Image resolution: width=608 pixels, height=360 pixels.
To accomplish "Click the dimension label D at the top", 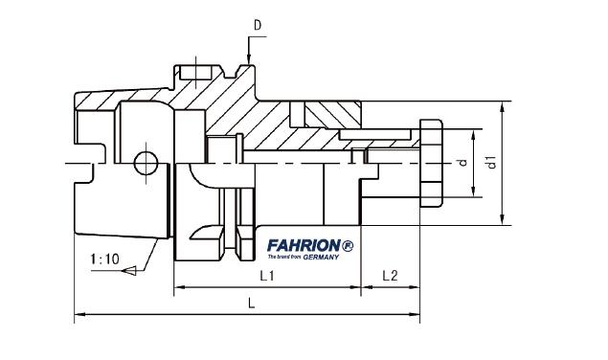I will click(256, 22).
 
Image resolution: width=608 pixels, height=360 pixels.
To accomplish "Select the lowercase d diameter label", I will click(462, 164).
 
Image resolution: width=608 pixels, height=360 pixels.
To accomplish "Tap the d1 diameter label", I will click(490, 163).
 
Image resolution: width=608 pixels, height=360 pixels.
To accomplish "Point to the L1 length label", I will click(268, 276).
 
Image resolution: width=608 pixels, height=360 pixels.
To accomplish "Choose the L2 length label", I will click(390, 276).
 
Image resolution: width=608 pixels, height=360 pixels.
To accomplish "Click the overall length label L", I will click(252, 303).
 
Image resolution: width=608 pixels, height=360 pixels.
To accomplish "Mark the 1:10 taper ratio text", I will click(104, 259).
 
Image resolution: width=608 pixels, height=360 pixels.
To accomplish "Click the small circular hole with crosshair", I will click(146, 164).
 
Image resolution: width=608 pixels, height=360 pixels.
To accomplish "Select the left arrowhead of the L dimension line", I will click(79, 312).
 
